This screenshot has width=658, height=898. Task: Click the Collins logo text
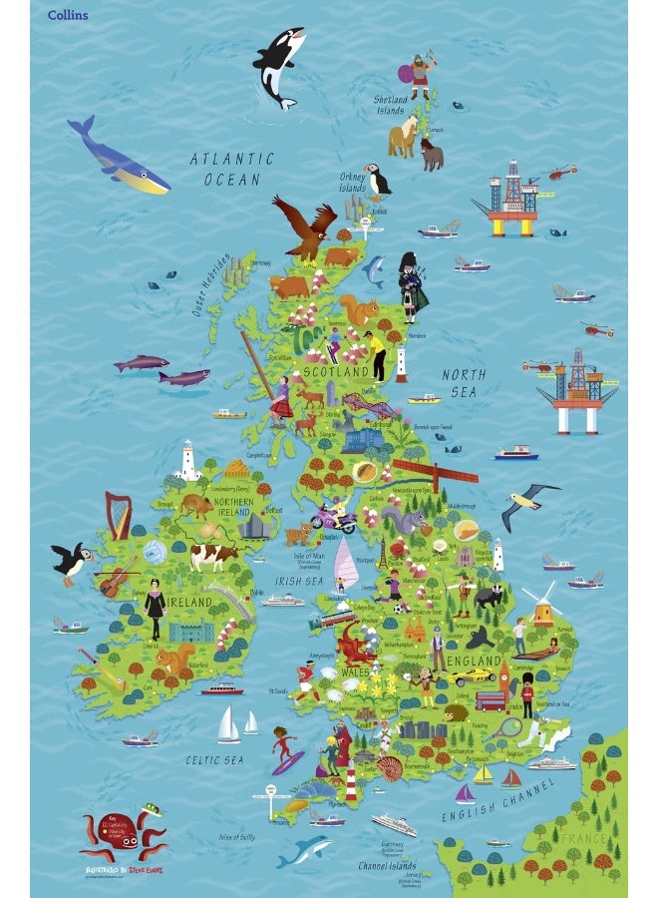[x=68, y=15]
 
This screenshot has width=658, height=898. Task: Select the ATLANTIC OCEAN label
[x=231, y=169]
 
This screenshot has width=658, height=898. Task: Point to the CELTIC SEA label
[x=214, y=760]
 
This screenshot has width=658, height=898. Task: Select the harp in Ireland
[x=120, y=516]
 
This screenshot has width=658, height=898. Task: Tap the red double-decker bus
[x=490, y=700]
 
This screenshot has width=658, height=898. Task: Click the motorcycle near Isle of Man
[x=334, y=518]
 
